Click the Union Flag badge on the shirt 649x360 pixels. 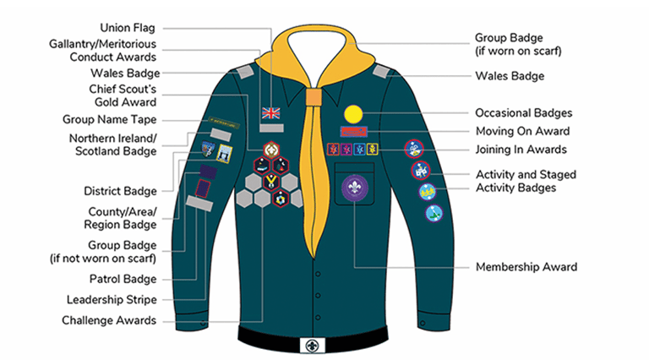tap(270, 112)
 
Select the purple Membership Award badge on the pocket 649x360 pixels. tap(352, 188)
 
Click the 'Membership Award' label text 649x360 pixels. tap(526, 267)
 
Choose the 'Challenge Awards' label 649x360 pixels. tap(109, 320)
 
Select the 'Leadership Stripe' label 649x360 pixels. tap(112, 299)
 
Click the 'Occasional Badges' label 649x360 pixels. tap(523, 112)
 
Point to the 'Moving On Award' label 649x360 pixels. tap(521, 131)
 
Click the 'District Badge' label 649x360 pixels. tap(120, 190)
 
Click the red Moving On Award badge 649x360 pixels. tap(353, 132)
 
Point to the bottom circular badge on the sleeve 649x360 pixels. tap(434, 213)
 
